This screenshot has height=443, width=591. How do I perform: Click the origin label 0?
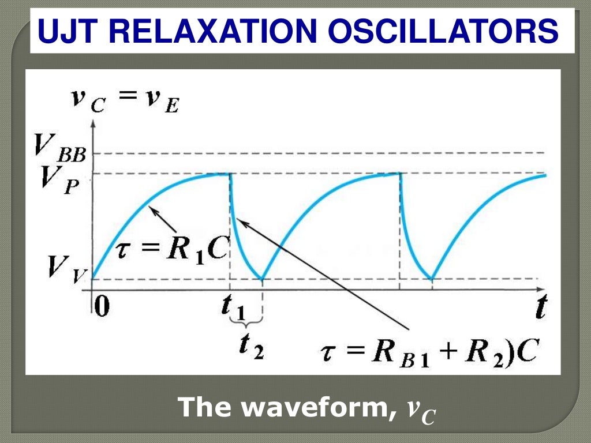tap(101, 306)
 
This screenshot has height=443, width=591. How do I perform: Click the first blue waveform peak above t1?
tap(230, 174)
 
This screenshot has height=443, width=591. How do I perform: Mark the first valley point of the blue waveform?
tap(263, 279)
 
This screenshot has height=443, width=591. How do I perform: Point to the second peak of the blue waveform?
tap(400, 174)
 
